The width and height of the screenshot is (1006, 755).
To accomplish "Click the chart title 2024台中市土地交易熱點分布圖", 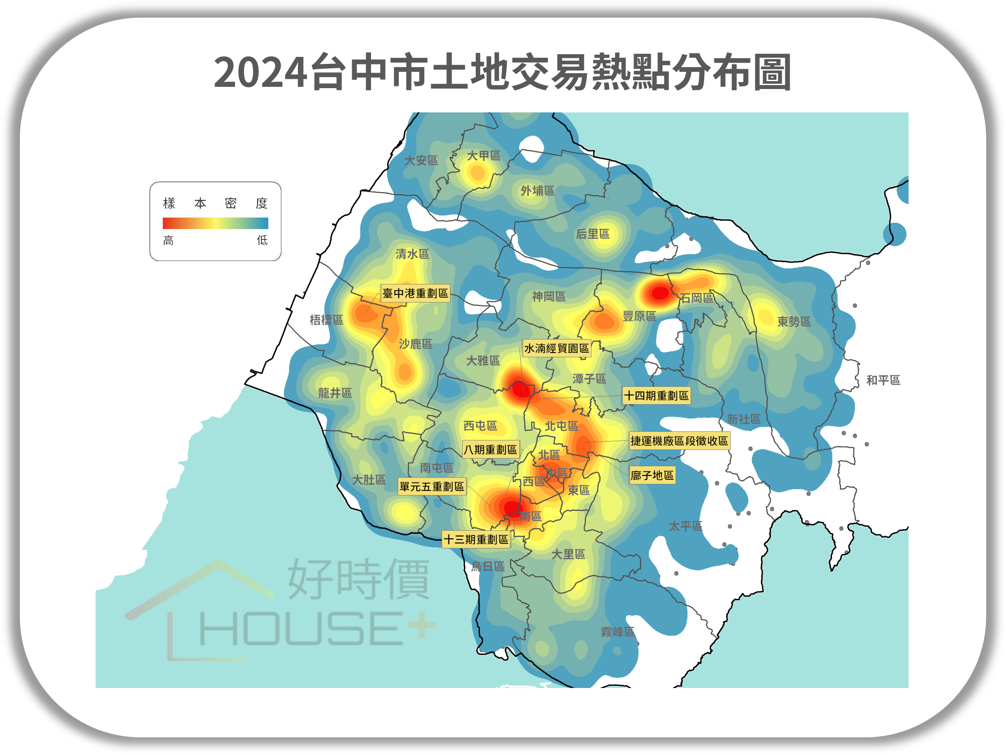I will pyautogui.click(x=502, y=72).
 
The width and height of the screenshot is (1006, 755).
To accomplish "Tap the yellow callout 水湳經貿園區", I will pyautogui.click(x=556, y=348).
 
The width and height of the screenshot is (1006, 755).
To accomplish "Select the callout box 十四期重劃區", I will pyautogui.click(x=656, y=396).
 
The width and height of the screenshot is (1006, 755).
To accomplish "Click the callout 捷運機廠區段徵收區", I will pyautogui.click(x=679, y=441).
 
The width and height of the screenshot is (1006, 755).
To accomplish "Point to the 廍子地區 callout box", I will pyautogui.click(x=652, y=475).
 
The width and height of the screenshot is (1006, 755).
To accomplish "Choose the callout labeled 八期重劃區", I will pyautogui.click(x=490, y=450).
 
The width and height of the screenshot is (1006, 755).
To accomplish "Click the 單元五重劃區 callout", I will pyautogui.click(x=431, y=487).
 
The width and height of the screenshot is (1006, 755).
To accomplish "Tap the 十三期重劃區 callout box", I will pyautogui.click(x=476, y=539).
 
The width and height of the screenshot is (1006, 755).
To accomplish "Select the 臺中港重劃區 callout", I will pyautogui.click(x=415, y=294).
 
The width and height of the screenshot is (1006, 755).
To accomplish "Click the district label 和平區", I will pyautogui.click(x=883, y=380).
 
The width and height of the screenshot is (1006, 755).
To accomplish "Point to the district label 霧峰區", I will pyautogui.click(x=617, y=632).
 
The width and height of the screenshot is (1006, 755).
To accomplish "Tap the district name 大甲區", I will pyautogui.click(x=483, y=156).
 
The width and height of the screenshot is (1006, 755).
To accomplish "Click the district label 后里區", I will pyautogui.click(x=593, y=234).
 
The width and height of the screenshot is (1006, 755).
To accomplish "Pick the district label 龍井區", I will pyautogui.click(x=335, y=393).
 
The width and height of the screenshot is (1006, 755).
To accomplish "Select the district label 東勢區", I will pyautogui.click(x=794, y=322).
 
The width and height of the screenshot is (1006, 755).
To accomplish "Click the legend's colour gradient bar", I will pyautogui.click(x=215, y=223).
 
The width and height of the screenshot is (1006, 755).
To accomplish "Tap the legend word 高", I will pyautogui.click(x=168, y=240).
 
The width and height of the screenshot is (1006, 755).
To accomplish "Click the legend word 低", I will pyautogui.click(x=263, y=240).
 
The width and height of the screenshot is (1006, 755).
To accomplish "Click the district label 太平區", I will pyautogui.click(x=685, y=526).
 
